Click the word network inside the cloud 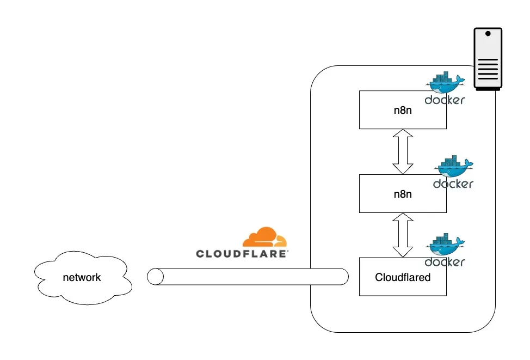pos(82,277)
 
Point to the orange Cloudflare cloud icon pos(264,238)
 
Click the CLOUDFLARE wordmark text pos(242,254)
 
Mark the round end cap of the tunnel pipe pos(155,277)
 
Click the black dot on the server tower pos(488,34)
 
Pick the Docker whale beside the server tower pos(445,83)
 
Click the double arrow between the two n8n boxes pos(403,151)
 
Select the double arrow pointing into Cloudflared pos(403,235)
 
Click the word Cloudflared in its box pos(403,277)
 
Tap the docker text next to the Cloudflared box pos(445,262)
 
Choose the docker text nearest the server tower pos(445,100)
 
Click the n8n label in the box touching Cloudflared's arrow pos(403,193)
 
